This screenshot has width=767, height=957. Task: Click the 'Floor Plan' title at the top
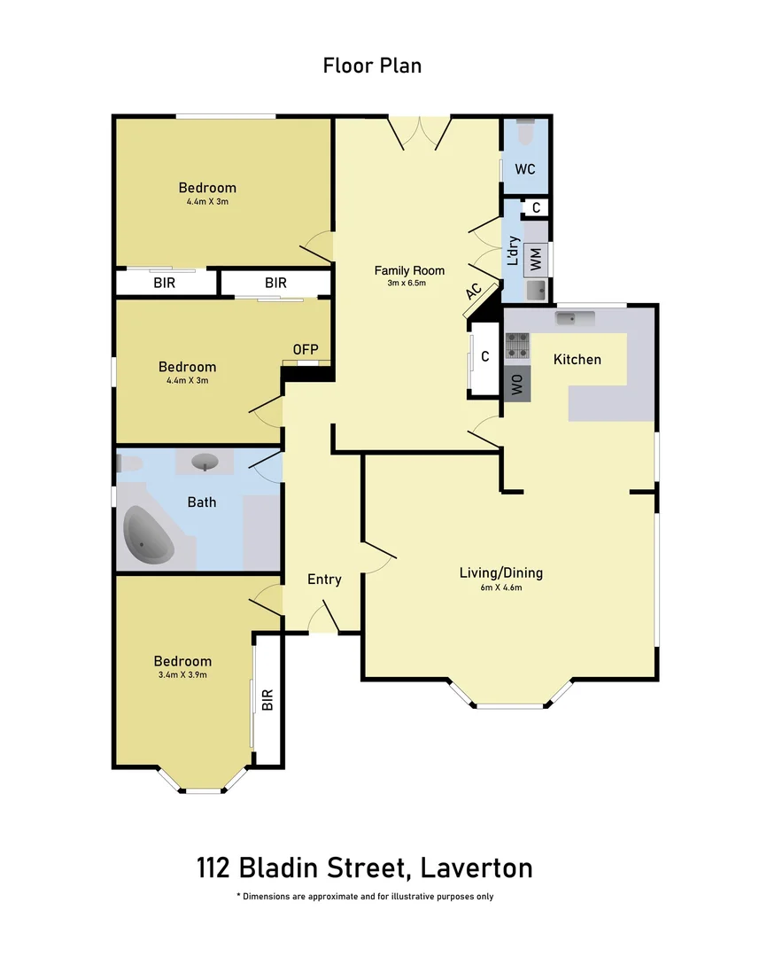coord(372,65)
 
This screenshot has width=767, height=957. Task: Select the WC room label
coord(525,169)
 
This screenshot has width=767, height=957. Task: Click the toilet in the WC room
coord(525,132)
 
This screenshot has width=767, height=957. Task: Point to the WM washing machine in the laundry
coord(536,259)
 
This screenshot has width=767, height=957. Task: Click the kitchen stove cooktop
coord(517,346)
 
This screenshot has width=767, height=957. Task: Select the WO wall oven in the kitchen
coord(517,385)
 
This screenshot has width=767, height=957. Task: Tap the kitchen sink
coord(568,317)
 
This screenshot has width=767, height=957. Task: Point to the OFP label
coord(306,349)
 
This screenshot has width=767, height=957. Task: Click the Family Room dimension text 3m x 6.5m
coord(407,284)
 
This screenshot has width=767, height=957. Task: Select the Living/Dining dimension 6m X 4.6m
coord(500,587)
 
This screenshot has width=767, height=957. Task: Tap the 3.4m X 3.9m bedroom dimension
coord(182,674)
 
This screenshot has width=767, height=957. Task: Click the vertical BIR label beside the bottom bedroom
coord(267,701)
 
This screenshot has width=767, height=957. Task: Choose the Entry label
coord(324,580)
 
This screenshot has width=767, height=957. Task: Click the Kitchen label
coord(577,359)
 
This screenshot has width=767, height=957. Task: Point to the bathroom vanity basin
coord(205,462)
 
